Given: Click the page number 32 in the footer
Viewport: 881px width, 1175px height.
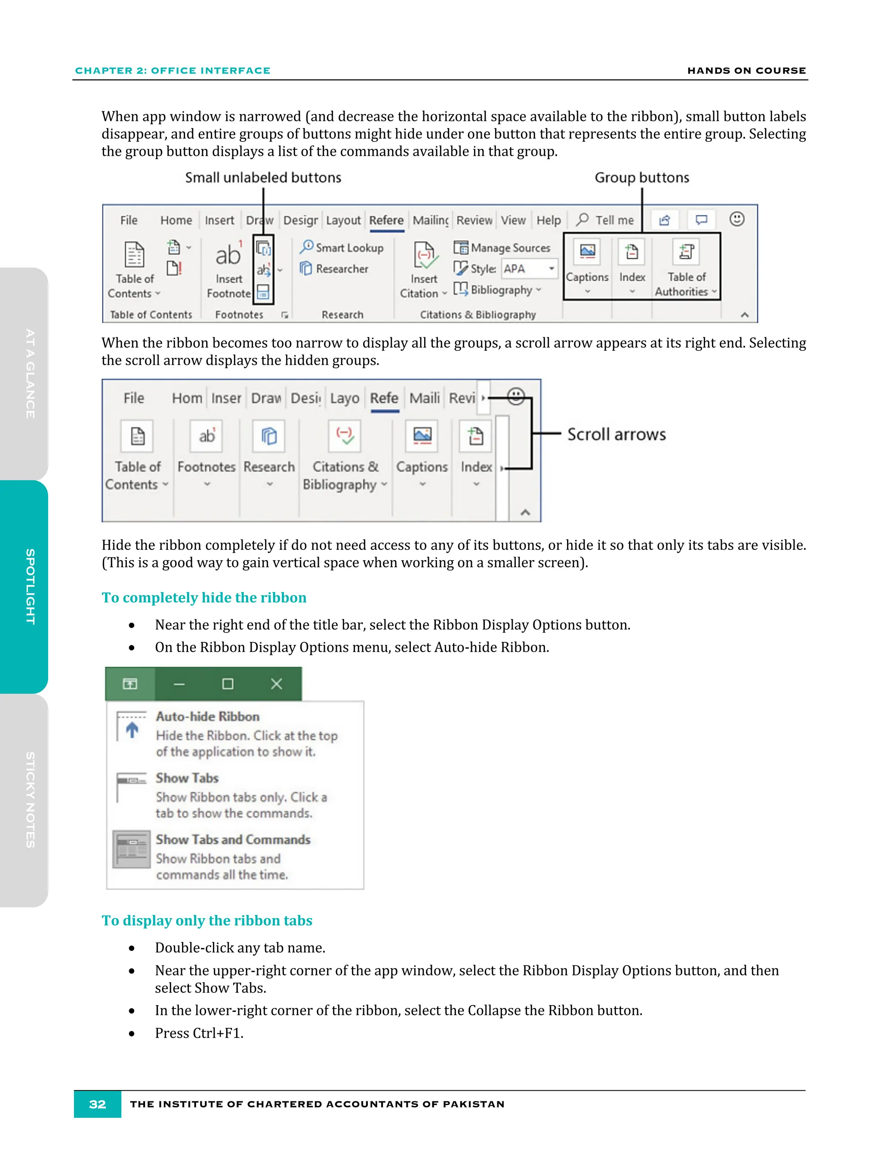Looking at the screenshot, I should pyautogui.click(x=97, y=1104).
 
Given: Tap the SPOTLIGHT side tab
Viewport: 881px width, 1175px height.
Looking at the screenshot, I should pyautogui.click(x=30, y=586).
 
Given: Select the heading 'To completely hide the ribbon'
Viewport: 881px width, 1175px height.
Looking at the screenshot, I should pyautogui.click(x=204, y=598).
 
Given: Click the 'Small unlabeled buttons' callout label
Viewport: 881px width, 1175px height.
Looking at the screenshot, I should pyautogui.click(x=263, y=177).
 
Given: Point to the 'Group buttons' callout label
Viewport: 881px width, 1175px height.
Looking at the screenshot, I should pyautogui.click(x=641, y=177).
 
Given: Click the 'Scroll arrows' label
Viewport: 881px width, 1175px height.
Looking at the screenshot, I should pyautogui.click(x=616, y=434).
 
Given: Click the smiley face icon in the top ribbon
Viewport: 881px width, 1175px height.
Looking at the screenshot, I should pyautogui.click(x=736, y=219).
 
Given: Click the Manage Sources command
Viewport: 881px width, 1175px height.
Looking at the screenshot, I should pyautogui.click(x=502, y=247).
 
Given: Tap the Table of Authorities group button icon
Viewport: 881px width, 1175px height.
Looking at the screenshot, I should pyautogui.click(x=686, y=252).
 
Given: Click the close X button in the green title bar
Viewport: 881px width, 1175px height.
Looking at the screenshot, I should pyautogui.click(x=276, y=684).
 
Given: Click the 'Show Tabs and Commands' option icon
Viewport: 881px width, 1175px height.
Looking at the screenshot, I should pyautogui.click(x=132, y=849).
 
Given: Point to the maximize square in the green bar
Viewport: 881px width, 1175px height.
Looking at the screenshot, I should pyautogui.click(x=227, y=684).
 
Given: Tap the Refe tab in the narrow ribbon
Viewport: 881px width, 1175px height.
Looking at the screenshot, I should pyautogui.click(x=384, y=398).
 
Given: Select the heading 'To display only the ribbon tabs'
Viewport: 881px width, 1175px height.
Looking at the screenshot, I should pyautogui.click(x=207, y=921).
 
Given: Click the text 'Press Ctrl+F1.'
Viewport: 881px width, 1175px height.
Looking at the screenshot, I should pyautogui.click(x=199, y=1033).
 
